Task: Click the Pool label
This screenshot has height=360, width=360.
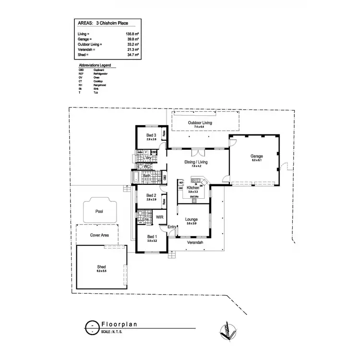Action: [99, 211]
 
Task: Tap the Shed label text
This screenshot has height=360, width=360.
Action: [102, 266]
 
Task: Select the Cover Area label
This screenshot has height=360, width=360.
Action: [100, 236]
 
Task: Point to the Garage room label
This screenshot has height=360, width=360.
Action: [256, 156]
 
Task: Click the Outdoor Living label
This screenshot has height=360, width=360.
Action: [200, 123]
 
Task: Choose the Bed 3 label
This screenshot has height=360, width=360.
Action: [152, 135]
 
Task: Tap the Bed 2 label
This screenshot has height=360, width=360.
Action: [152, 195]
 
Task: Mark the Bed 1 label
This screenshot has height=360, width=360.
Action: [152, 237]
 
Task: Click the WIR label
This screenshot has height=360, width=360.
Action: [160, 217]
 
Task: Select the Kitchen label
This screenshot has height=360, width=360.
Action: [193, 188]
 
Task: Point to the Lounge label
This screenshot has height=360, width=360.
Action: [192, 220]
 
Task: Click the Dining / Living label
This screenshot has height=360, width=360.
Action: [196, 162]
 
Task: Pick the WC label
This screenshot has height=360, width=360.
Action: [148, 167]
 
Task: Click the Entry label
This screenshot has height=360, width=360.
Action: [172, 227]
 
